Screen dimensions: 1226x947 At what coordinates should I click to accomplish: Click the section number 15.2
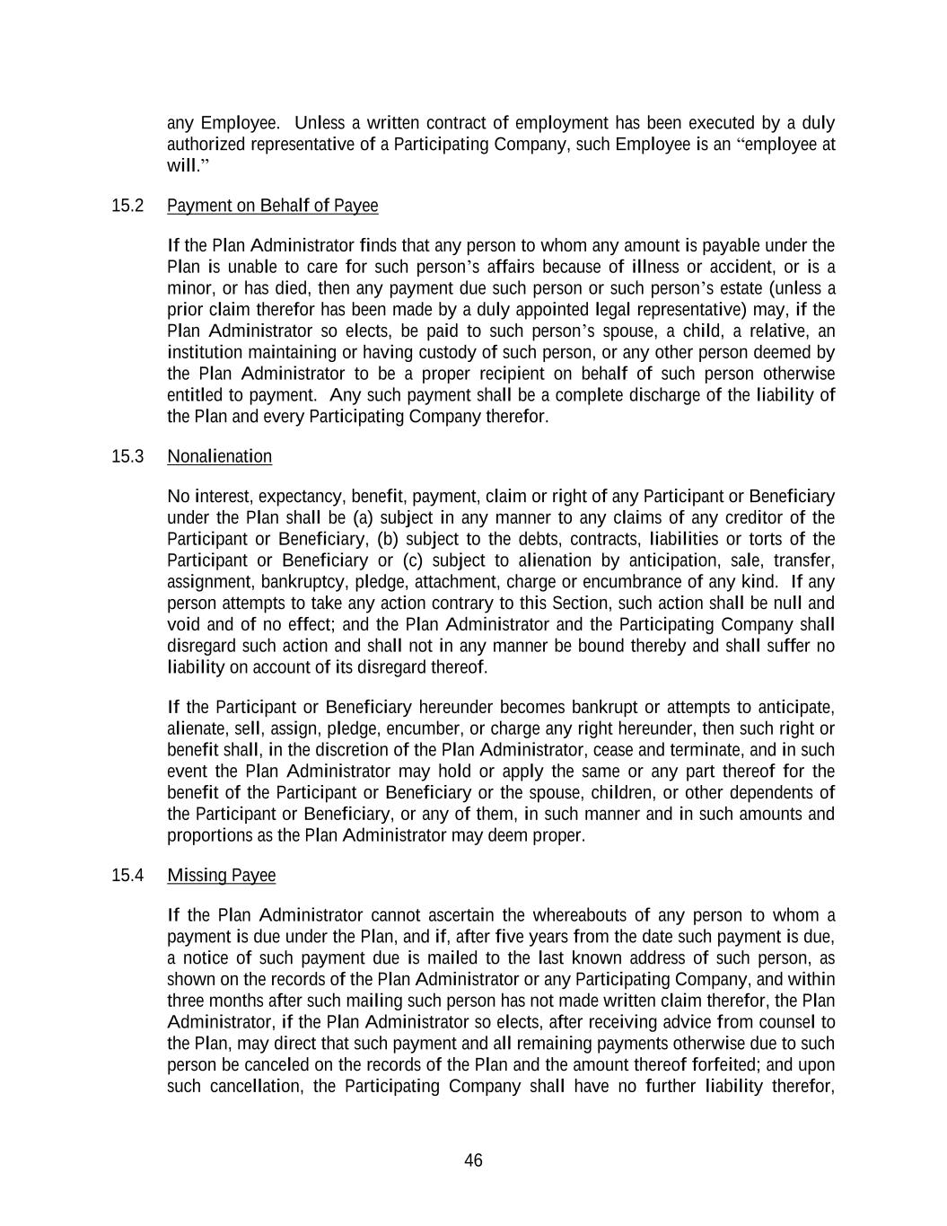[x=127, y=206]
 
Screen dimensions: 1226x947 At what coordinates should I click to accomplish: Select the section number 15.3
[x=127, y=456]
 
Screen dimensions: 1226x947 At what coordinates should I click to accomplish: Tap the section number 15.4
[x=127, y=876]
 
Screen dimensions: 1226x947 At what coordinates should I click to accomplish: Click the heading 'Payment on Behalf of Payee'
[x=273, y=206]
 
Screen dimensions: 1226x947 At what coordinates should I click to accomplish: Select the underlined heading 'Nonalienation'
[x=219, y=456]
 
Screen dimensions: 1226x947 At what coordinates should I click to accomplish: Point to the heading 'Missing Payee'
[x=221, y=876]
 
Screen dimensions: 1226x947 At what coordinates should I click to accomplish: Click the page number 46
[x=473, y=1160]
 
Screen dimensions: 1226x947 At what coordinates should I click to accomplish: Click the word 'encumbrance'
[x=634, y=583]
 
